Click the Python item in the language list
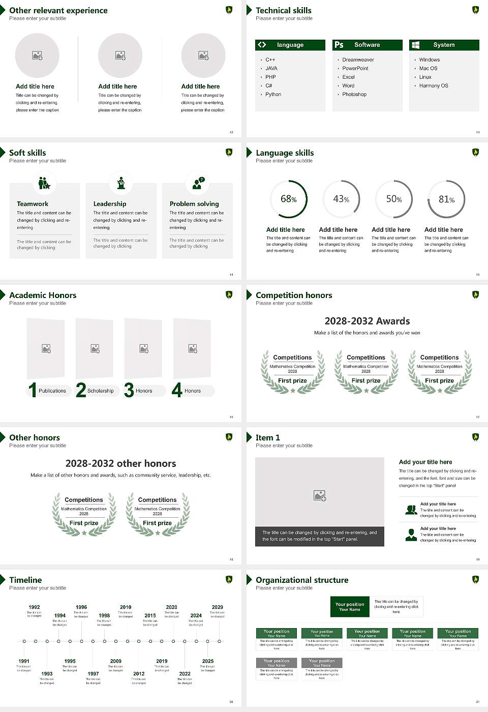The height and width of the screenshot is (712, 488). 273,95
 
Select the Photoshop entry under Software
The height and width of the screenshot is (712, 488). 354,95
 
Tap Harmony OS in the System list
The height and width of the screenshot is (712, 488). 433,86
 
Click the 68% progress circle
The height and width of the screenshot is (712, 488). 289,199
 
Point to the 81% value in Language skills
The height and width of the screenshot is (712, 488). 446,199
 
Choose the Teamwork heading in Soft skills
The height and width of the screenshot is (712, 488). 33,204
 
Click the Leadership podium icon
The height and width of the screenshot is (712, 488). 121,183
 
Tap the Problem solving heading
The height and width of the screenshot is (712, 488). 194,204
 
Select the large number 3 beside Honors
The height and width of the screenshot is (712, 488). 129,390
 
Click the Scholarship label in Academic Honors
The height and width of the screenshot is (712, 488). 100,391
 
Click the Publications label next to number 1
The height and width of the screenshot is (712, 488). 52,391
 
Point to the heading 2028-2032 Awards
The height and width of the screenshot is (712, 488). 367,321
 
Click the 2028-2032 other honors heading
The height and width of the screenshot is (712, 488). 120,463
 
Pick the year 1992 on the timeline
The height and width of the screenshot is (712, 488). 34,607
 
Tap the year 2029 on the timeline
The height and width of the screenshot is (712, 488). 217,607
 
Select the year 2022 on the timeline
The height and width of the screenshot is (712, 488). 185,674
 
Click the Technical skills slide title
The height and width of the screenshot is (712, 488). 283,10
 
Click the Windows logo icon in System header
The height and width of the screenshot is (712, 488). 415,45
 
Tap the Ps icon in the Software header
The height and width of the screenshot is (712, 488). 339,45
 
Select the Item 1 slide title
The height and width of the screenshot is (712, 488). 267,437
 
